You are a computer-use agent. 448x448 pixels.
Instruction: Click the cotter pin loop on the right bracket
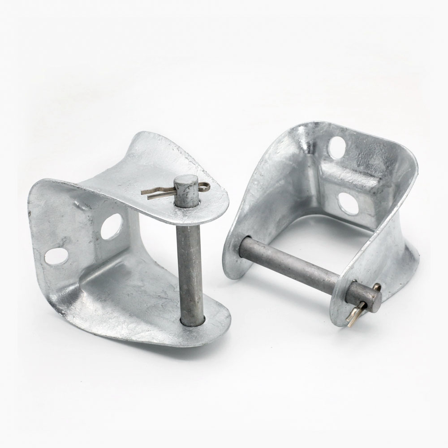pyautogui.click(x=377, y=287)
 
